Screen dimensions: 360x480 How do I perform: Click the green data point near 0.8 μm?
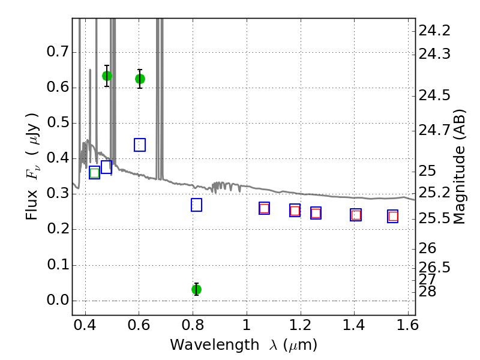pos(196,289)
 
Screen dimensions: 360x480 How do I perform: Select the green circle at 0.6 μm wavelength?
pos(140,79)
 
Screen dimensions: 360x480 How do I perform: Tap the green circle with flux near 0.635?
pos(107,76)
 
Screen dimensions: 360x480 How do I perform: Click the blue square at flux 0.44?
pos(140,145)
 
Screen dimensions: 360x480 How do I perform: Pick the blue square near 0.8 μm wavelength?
pos(196,205)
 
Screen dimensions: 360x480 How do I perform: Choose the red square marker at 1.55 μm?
pos(393,216)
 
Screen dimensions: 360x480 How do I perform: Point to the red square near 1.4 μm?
pos(356,215)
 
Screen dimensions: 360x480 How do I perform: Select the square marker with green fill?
pos(94,173)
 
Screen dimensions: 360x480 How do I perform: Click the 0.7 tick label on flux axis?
pos(58,52)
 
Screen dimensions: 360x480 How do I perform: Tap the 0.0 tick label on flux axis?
pos(58,301)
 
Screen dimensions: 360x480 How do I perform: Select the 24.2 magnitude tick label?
pos(434,31)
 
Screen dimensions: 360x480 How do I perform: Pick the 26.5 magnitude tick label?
pos(434,267)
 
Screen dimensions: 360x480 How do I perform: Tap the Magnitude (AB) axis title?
pos(460,166)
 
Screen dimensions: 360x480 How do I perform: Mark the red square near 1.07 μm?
pos(264,208)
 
